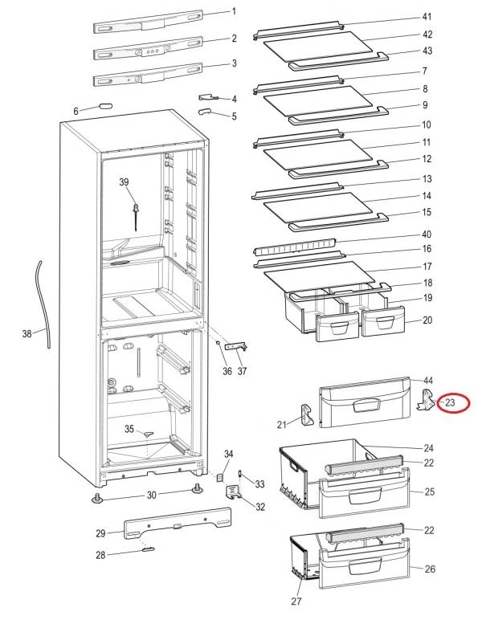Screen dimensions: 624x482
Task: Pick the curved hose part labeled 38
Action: [43, 304]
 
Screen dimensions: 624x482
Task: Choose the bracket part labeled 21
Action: [307, 413]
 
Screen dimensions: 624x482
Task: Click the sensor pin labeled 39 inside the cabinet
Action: [137, 214]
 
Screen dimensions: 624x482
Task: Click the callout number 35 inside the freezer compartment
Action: [129, 430]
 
